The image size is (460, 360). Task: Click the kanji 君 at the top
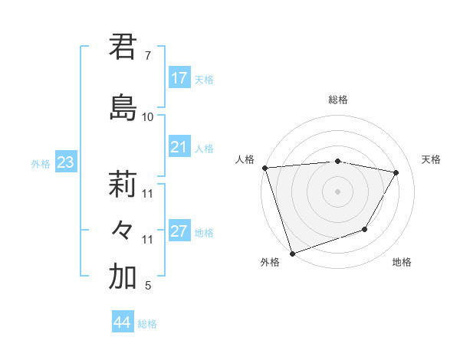tap(123, 47)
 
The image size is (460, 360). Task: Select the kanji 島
tap(123, 106)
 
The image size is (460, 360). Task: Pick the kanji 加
tap(123, 277)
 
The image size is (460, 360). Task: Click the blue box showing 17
tap(179, 78)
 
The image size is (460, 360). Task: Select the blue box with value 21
tap(179, 147)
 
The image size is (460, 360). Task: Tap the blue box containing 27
tap(179, 232)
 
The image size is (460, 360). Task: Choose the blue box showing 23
tap(65, 162)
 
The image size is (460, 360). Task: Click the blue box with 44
tap(123, 322)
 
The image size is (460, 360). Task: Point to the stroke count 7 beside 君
tap(148, 56)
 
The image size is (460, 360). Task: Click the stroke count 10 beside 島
tap(148, 116)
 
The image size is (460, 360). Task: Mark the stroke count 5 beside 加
tap(148, 286)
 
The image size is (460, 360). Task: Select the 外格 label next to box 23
tap(41, 163)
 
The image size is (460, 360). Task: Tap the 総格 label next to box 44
tap(147, 324)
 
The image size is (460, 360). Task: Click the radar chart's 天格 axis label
tap(431, 159)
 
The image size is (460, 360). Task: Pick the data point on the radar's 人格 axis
tap(264, 168)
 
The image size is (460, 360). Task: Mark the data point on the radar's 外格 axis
tap(292, 252)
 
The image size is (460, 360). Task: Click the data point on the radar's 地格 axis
tap(366, 229)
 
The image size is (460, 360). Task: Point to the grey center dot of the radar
tap(337, 191)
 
